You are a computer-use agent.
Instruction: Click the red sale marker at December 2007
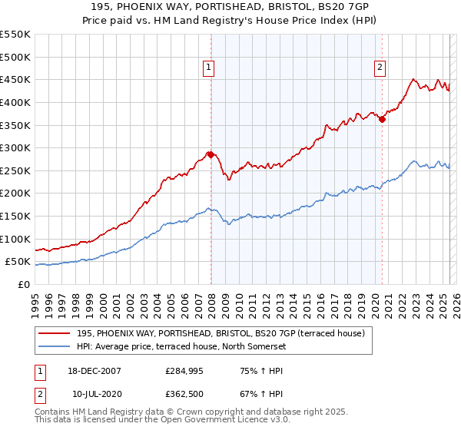[211, 154]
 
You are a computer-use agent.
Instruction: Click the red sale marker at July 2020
[382, 119]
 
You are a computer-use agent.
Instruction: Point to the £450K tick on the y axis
[16, 79]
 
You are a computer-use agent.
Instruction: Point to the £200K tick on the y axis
[16, 193]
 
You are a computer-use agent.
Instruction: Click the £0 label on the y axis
[24, 284]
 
